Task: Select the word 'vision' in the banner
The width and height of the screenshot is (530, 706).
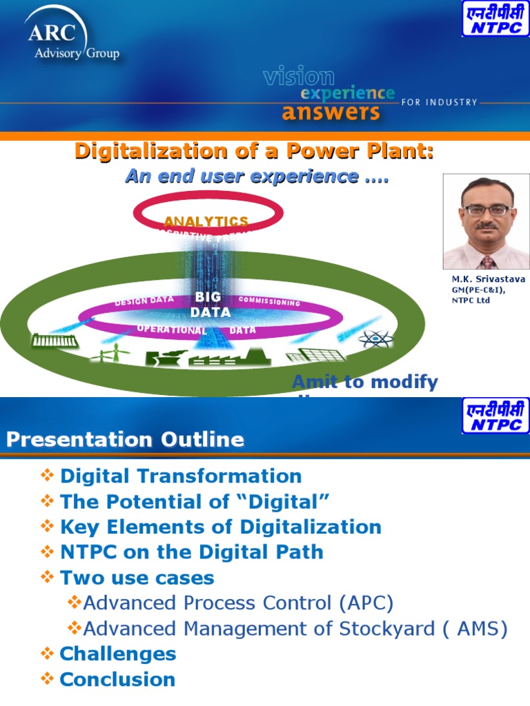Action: (298, 77)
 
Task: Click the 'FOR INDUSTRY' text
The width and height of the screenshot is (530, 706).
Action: (440, 102)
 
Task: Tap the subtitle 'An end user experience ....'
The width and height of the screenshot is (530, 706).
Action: (257, 176)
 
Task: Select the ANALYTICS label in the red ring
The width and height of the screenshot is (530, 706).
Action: (206, 221)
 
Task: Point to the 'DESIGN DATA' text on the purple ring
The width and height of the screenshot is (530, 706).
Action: (144, 301)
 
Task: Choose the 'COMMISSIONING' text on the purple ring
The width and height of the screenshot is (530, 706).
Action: (269, 301)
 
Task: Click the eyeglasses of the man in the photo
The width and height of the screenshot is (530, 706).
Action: (487, 210)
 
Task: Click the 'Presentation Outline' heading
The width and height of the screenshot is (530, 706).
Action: (126, 439)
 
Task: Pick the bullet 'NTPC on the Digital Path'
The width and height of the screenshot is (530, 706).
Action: (192, 552)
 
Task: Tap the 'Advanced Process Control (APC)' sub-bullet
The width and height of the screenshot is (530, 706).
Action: (238, 603)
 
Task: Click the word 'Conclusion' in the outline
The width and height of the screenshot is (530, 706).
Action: (117, 679)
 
